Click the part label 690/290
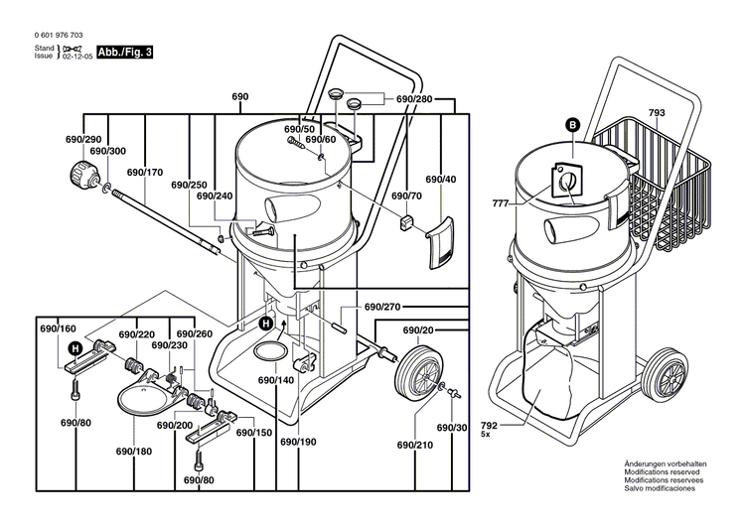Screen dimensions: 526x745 point(82,140)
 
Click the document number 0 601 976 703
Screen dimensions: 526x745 point(57,35)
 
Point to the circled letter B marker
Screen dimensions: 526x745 point(572,124)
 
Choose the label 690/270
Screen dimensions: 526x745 point(381,308)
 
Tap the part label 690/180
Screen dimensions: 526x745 point(133,452)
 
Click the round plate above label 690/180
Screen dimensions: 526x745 point(139,398)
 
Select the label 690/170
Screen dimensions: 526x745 point(145,173)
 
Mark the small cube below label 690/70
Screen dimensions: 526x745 point(405,221)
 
